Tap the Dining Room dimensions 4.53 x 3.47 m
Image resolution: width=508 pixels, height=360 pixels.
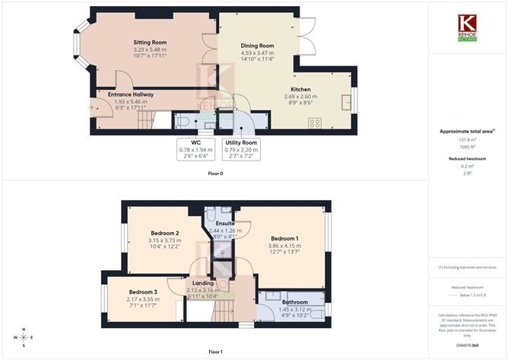(256, 54)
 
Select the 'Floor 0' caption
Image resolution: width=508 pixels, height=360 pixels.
(215, 174)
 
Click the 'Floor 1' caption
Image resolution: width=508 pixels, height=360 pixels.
(215, 352)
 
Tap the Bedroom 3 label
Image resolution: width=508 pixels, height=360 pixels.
(143, 292)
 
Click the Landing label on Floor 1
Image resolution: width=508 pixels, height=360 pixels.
(202, 283)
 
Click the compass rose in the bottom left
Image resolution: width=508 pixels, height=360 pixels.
(24, 336)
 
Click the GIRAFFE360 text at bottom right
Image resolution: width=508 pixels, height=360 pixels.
(466, 345)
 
